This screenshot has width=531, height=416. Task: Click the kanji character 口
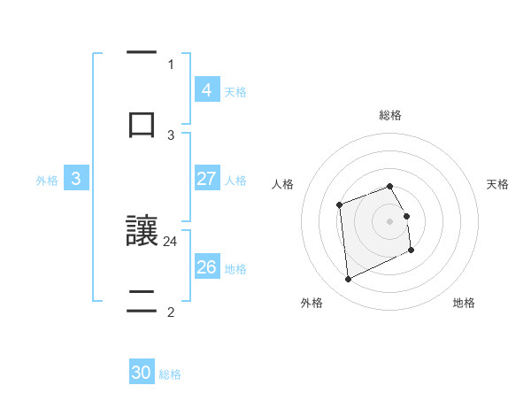(x=142, y=123)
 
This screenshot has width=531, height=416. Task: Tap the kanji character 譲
(x=142, y=231)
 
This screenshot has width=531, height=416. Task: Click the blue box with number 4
(x=206, y=89)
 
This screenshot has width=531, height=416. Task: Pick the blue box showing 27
(x=206, y=179)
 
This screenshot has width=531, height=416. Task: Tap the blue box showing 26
(x=206, y=266)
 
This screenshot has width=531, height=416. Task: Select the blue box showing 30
(x=142, y=373)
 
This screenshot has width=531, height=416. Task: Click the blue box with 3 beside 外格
(x=76, y=179)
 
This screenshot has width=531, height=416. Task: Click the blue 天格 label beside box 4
(x=235, y=91)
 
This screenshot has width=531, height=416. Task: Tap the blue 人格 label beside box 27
(x=235, y=180)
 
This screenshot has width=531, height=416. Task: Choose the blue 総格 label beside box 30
(x=171, y=374)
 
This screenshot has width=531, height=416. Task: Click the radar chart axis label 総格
(x=390, y=115)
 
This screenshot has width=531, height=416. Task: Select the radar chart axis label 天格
(x=497, y=184)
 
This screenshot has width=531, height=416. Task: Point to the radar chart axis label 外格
(x=312, y=303)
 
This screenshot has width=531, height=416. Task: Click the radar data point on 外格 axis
(x=348, y=280)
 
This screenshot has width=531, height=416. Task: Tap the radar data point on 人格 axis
(x=339, y=205)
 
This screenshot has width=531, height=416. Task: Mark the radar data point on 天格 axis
(x=406, y=216)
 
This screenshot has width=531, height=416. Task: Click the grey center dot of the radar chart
(x=390, y=221)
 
